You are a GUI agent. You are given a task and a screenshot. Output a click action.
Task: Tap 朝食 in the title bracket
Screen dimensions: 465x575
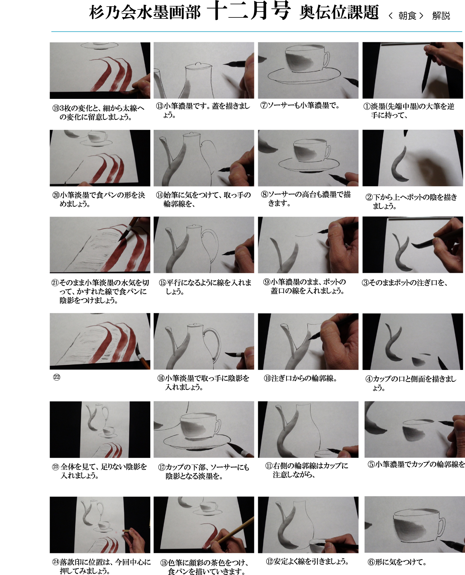(x=407, y=16)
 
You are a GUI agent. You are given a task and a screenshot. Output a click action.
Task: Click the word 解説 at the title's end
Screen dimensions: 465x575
(x=441, y=16)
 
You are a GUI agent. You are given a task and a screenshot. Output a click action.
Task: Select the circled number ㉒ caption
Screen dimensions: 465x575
(x=57, y=377)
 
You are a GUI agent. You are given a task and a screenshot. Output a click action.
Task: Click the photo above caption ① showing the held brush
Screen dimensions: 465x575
(x=413, y=70)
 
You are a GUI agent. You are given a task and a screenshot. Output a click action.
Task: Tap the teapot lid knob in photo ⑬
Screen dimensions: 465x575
(x=198, y=64)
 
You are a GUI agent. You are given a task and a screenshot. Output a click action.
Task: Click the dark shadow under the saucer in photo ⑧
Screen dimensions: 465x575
(x=308, y=172)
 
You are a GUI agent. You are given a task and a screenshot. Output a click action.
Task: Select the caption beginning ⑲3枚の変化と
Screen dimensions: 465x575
(x=98, y=112)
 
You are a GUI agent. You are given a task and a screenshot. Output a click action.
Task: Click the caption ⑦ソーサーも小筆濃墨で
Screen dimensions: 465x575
(x=300, y=105)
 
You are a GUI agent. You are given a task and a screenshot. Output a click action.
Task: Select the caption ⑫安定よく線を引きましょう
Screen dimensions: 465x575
(x=307, y=561)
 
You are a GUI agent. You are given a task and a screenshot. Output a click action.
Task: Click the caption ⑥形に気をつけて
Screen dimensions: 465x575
(x=397, y=562)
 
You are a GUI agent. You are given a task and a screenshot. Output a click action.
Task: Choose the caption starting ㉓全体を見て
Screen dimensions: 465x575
(x=100, y=471)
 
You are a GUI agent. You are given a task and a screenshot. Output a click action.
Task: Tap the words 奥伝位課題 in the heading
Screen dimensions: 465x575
(x=339, y=13)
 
